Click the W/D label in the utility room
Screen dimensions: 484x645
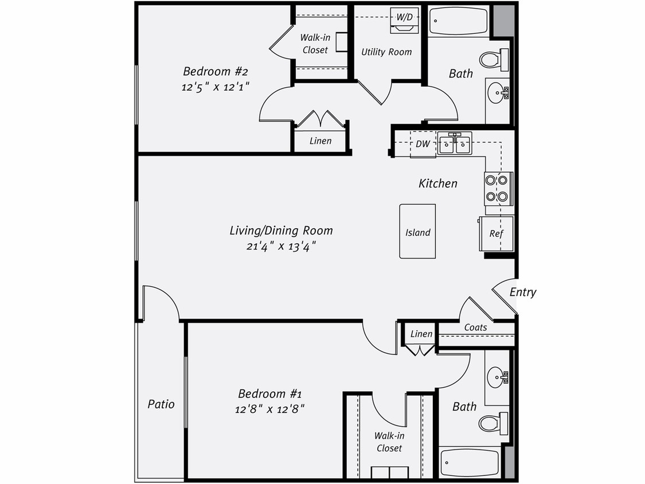click(x=404, y=17)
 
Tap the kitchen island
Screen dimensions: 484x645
click(x=417, y=232)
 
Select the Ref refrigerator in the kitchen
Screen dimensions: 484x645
click(x=496, y=233)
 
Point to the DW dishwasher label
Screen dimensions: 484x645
click(x=423, y=144)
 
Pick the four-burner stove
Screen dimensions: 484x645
click(x=497, y=188)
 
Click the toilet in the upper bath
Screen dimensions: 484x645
click(x=493, y=59)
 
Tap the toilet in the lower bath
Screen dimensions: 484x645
click(x=492, y=423)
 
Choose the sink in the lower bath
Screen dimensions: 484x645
click(x=497, y=377)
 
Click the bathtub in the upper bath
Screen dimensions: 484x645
click(x=458, y=21)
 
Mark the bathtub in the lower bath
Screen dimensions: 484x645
click(x=470, y=462)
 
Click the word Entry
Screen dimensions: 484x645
click(x=523, y=292)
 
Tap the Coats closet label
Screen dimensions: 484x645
click(x=475, y=327)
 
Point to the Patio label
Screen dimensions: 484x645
click(x=161, y=404)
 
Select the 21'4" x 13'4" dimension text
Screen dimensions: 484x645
click(x=281, y=246)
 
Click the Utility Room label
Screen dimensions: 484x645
click(x=386, y=52)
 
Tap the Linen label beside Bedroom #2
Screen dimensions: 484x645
click(x=320, y=140)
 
